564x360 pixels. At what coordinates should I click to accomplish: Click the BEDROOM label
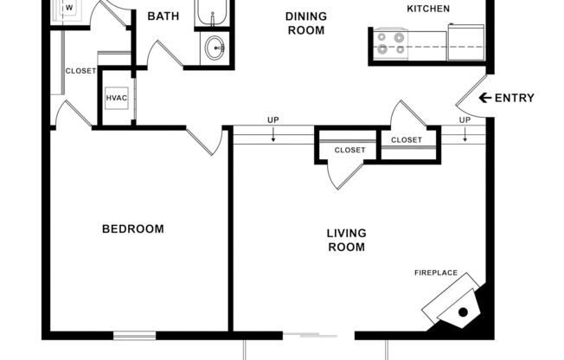pyautogui.click(x=133, y=229)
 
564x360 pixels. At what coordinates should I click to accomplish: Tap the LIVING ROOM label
pyautogui.click(x=346, y=240)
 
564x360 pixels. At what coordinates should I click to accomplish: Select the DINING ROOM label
pyautogui.click(x=306, y=23)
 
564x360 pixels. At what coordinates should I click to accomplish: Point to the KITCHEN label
pyautogui.click(x=428, y=9)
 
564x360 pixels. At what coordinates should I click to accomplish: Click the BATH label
pyautogui.click(x=163, y=16)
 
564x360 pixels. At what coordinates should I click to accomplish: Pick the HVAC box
pyautogui.click(x=117, y=98)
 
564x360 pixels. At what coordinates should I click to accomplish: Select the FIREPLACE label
pyautogui.click(x=436, y=273)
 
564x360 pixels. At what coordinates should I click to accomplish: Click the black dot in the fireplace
pyautogui.click(x=463, y=312)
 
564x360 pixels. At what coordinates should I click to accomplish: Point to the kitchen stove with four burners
pyautogui.click(x=390, y=42)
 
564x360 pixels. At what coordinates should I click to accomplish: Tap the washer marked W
pyautogui.click(x=68, y=10)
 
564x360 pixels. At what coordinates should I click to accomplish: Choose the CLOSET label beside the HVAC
pyautogui.click(x=80, y=71)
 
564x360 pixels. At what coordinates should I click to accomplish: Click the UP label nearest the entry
pyautogui.click(x=465, y=120)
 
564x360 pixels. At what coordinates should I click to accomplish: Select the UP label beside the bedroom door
pyautogui.click(x=272, y=120)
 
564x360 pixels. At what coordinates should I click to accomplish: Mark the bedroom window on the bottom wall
pyautogui.click(x=134, y=335)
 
